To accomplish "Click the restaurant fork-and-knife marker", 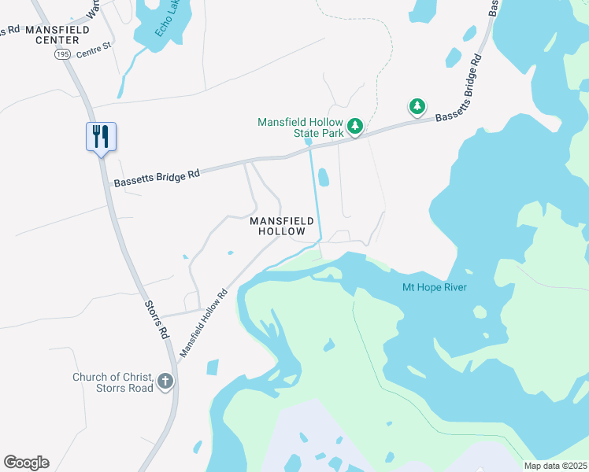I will coord(101,136).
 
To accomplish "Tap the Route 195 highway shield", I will coord(62,53).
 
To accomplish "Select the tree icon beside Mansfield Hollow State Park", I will coord(355,126).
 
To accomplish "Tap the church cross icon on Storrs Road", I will coord(165,382).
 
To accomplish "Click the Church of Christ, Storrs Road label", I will coord(112,382).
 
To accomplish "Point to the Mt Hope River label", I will coord(434,287).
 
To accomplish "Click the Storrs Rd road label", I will coord(157,319).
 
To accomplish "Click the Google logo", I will coord(26,463).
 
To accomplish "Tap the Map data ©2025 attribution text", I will coord(555,466).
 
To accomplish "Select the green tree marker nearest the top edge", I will coord(416,106).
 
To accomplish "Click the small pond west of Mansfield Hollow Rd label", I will coord(212,367).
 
